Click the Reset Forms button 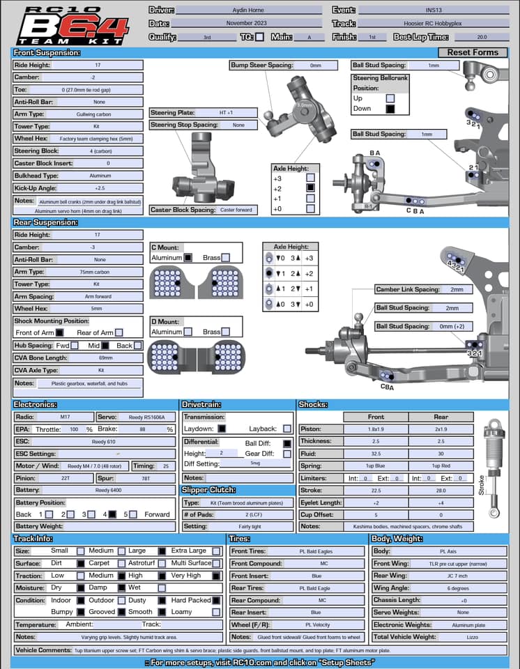[x=473, y=52]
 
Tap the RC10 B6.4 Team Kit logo [x=72, y=26]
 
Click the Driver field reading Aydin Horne [x=248, y=10]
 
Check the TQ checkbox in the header [x=260, y=37]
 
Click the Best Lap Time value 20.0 [x=482, y=37]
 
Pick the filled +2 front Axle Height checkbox [x=310, y=187]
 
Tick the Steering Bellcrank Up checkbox [x=390, y=98]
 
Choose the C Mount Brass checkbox [x=226, y=258]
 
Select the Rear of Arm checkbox [x=119, y=333]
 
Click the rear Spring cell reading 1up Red [x=441, y=466]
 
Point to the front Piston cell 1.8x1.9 [x=376, y=429]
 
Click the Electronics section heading [x=36, y=404]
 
